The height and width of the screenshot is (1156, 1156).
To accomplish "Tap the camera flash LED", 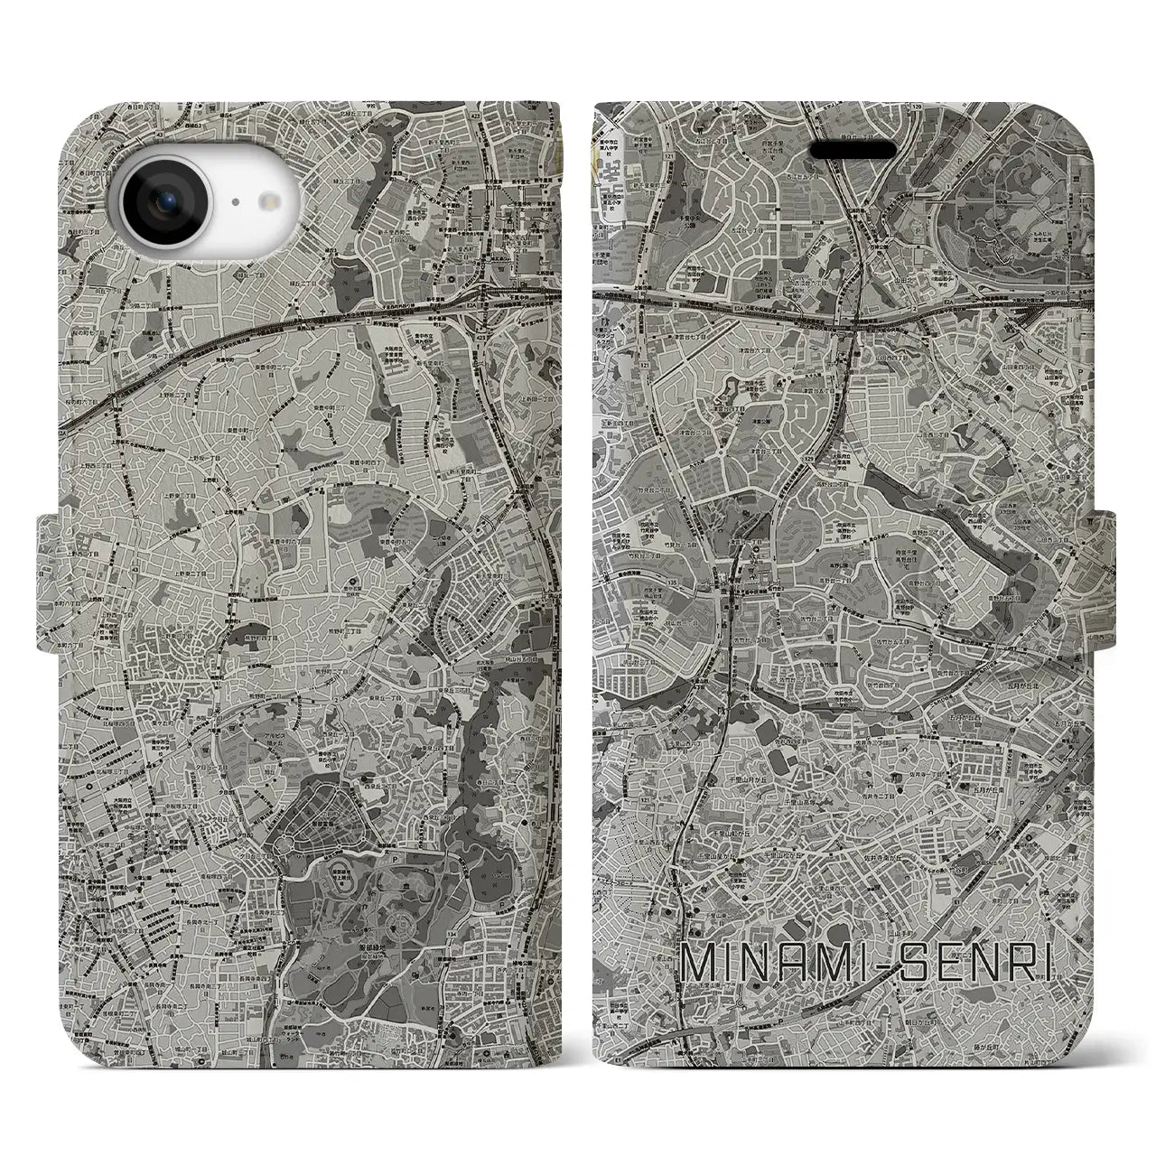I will coord(268,203).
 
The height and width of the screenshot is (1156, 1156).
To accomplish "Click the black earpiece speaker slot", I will coord(853,149).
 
